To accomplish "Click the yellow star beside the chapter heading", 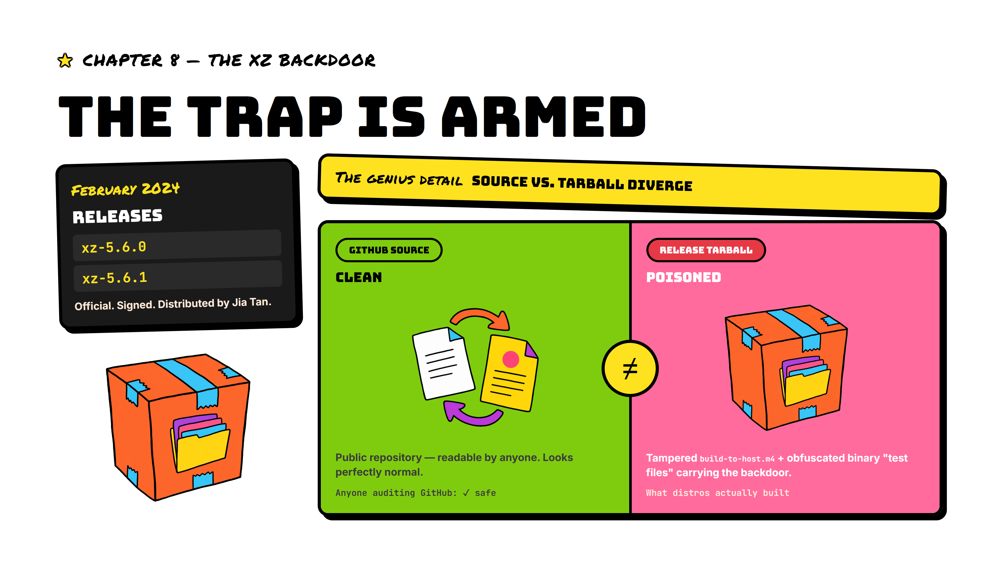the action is [x=65, y=61].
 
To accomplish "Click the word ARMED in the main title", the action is [x=544, y=117].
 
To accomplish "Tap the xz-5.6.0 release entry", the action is [x=177, y=246].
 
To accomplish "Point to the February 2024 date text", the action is [x=125, y=189].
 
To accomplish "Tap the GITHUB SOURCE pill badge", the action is [x=389, y=250].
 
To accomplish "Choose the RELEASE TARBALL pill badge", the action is [x=706, y=250].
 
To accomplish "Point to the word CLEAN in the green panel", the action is [x=359, y=277].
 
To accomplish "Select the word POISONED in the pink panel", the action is [x=684, y=277].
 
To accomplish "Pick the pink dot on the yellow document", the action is [x=510, y=359].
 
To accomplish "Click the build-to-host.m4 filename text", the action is [x=737, y=459].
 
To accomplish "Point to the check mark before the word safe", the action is [x=466, y=493].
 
